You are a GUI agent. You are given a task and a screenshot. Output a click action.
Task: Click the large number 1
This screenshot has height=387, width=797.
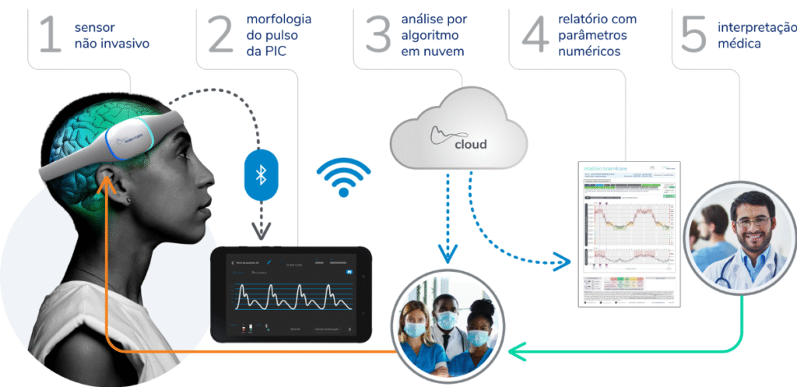click(x=48, y=36)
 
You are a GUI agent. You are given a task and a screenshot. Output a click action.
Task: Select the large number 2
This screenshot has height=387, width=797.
click(x=220, y=36)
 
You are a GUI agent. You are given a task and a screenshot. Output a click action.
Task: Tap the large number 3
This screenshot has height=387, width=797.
click(x=378, y=36)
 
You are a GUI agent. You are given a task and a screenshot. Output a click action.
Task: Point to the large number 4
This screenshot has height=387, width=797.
click(x=535, y=36)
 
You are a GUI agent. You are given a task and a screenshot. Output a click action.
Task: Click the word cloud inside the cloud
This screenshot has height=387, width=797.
click(x=470, y=144)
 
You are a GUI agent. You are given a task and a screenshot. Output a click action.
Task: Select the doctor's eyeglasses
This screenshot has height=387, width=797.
click(x=752, y=221)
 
